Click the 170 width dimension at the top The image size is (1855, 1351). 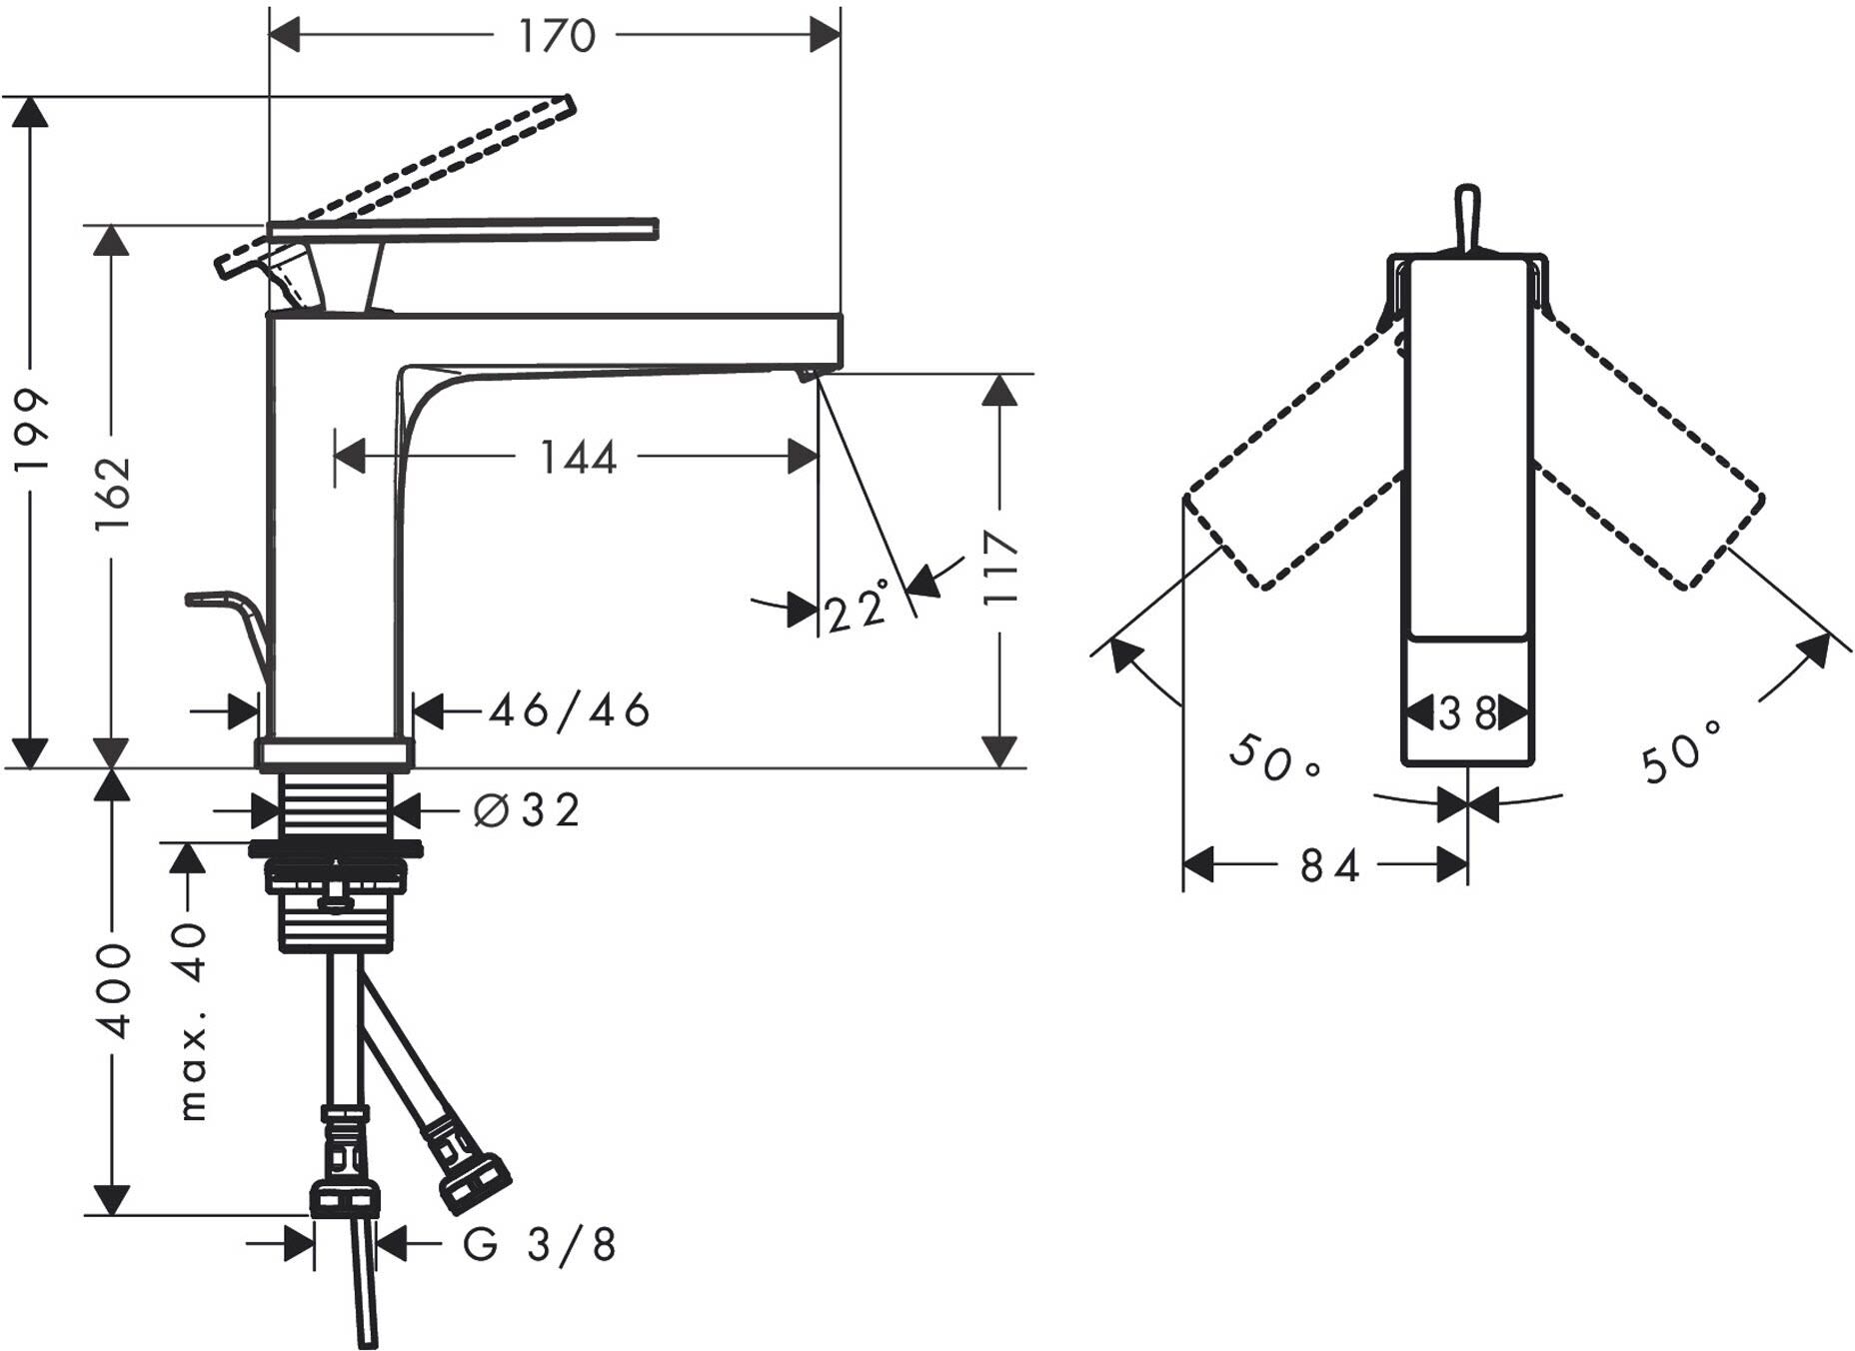pos(556,36)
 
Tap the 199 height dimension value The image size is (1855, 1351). pos(32,432)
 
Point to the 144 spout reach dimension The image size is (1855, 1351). pos(578,458)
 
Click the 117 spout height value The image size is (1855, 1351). pos(999,568)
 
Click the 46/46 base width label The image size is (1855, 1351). pos(570,710)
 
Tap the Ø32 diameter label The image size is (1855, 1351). pos(527,810)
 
